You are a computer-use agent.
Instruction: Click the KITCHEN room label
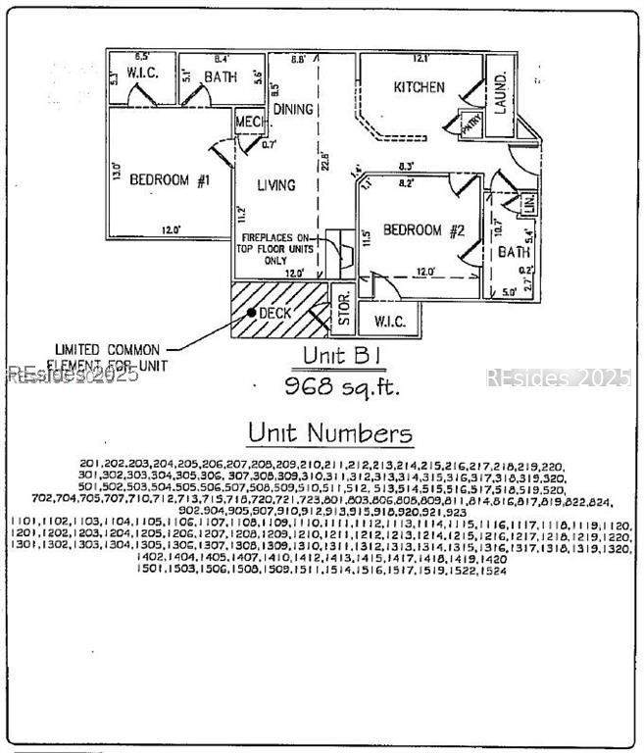pos(419,87)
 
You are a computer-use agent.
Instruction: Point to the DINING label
pos(292,109)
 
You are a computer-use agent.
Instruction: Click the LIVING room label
pos(275,184)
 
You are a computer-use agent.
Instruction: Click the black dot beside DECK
pos(252,313)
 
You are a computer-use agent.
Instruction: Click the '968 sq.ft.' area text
pos(343,385)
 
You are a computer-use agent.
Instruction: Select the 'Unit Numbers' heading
pos(329,432)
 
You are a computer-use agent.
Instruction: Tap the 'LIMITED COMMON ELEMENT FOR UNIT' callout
pos(111,357)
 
